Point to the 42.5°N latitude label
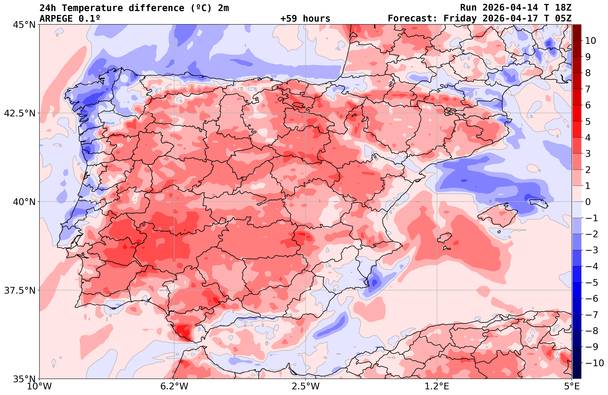(20, 113)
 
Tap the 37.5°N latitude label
(20, 291)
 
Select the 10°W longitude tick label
(39, 387)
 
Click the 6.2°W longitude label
(174, 387)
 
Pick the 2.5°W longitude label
(306, 387)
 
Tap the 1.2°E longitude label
(437, 387)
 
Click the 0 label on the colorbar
(588, 202)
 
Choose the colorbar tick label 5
(588, 122)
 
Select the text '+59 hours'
(305, 19)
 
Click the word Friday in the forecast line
(460, 19)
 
